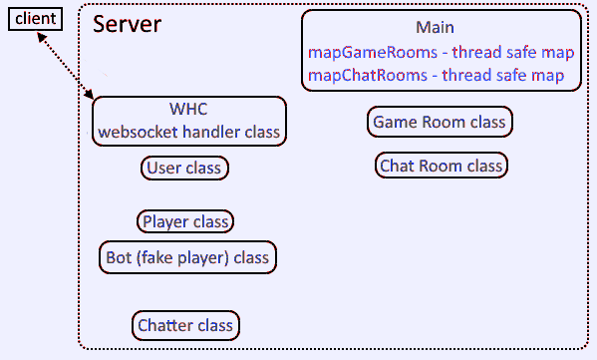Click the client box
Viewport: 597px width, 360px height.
[35, 18]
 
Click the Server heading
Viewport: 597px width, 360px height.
[127, 24]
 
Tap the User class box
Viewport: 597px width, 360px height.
[185, 168]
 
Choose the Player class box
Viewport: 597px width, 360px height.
[185, 221]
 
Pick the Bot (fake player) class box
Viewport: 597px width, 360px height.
[188, 257]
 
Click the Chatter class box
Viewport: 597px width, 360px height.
[185, 325]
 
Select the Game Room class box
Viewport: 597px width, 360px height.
[441, 123]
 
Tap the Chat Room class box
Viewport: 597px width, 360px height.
[441, 166]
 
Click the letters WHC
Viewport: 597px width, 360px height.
[187, 109]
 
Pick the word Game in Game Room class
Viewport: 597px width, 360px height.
[392, 123]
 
